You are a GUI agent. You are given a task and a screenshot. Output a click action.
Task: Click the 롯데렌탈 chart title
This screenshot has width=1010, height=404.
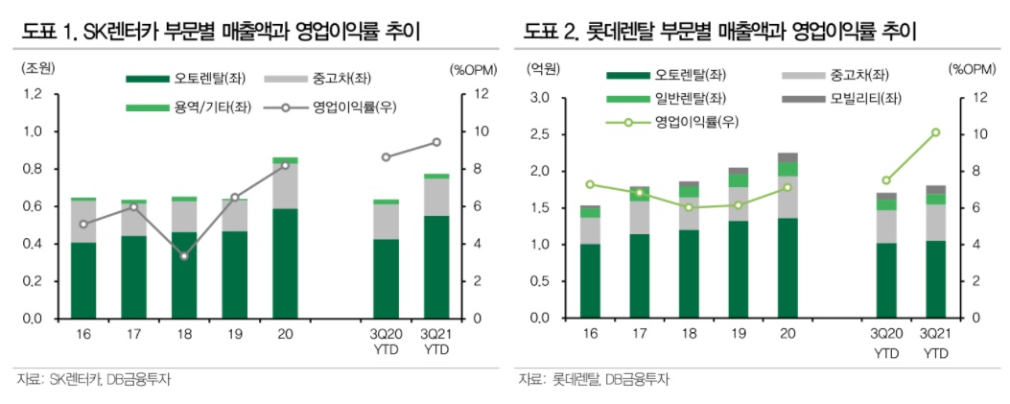point(720,31)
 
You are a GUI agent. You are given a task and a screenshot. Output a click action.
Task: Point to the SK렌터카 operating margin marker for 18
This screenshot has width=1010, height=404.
point(183,256)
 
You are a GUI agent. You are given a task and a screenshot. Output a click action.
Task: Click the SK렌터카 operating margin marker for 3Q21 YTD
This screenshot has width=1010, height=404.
point(436,142)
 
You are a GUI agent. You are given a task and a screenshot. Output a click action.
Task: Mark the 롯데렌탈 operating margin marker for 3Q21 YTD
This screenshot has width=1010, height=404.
point(935,132)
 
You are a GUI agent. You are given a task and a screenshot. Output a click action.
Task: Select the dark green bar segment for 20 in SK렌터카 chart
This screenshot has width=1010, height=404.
point(285,263)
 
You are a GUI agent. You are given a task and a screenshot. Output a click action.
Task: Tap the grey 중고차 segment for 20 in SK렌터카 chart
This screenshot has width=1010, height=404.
point(285,186)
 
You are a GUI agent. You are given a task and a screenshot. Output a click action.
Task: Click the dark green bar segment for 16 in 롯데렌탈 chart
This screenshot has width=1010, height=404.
point(590,280)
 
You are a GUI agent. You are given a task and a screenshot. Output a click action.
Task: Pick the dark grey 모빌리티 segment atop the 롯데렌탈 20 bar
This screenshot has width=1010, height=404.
point(787,157)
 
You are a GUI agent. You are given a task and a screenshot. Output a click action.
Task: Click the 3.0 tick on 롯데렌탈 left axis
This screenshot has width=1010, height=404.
point(538,98)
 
